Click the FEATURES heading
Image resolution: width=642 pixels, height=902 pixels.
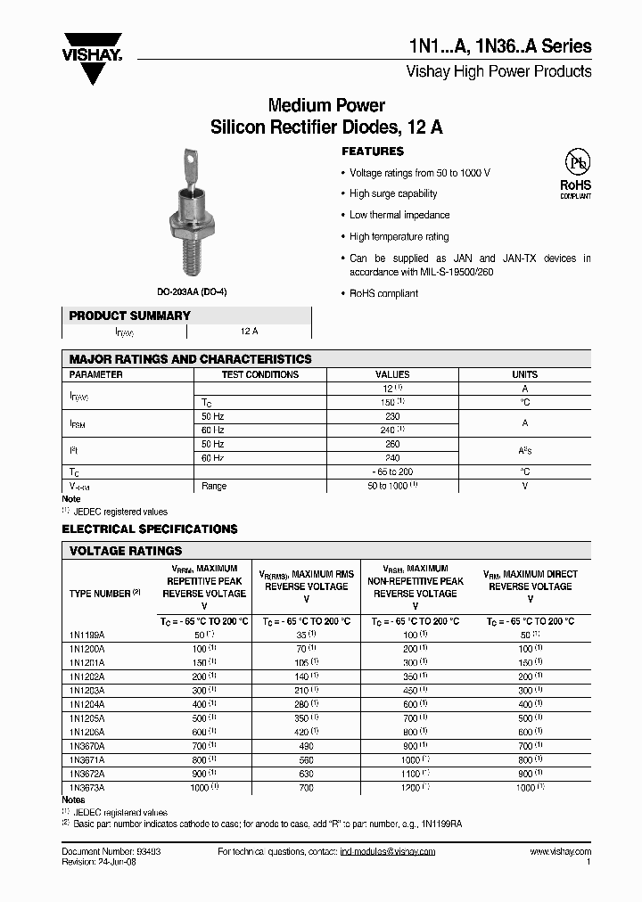pos(373,152)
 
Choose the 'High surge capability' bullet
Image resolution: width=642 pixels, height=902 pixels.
pos(393,193)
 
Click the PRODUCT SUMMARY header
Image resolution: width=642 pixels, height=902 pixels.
pos(130,316)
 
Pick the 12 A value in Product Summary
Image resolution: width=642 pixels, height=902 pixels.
pos(250,331)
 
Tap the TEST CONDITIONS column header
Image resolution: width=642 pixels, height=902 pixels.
pos(259,374)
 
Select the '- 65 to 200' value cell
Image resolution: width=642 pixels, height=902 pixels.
pos(392,471)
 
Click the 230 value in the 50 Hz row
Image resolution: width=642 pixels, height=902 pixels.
pos(392,416)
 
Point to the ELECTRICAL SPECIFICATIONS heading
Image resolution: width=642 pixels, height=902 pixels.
pos(150,529)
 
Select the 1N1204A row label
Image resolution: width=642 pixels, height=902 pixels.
pos(86,704)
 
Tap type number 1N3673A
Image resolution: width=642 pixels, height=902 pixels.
pos(86,788)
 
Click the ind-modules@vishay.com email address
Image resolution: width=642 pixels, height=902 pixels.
pos(388,851)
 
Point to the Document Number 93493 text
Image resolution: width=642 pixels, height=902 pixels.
pos(111,851)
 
